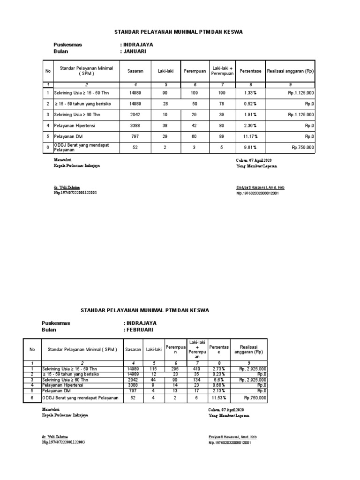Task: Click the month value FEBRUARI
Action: click(x=140, y=330)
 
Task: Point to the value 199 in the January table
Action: click(x=223, y=93)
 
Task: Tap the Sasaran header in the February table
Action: click(x=133, y=349)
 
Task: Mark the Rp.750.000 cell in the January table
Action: click(x=302, y=147)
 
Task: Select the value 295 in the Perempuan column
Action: click(x=176, y=369)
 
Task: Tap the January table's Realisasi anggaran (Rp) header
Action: click(x=290, y=71)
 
